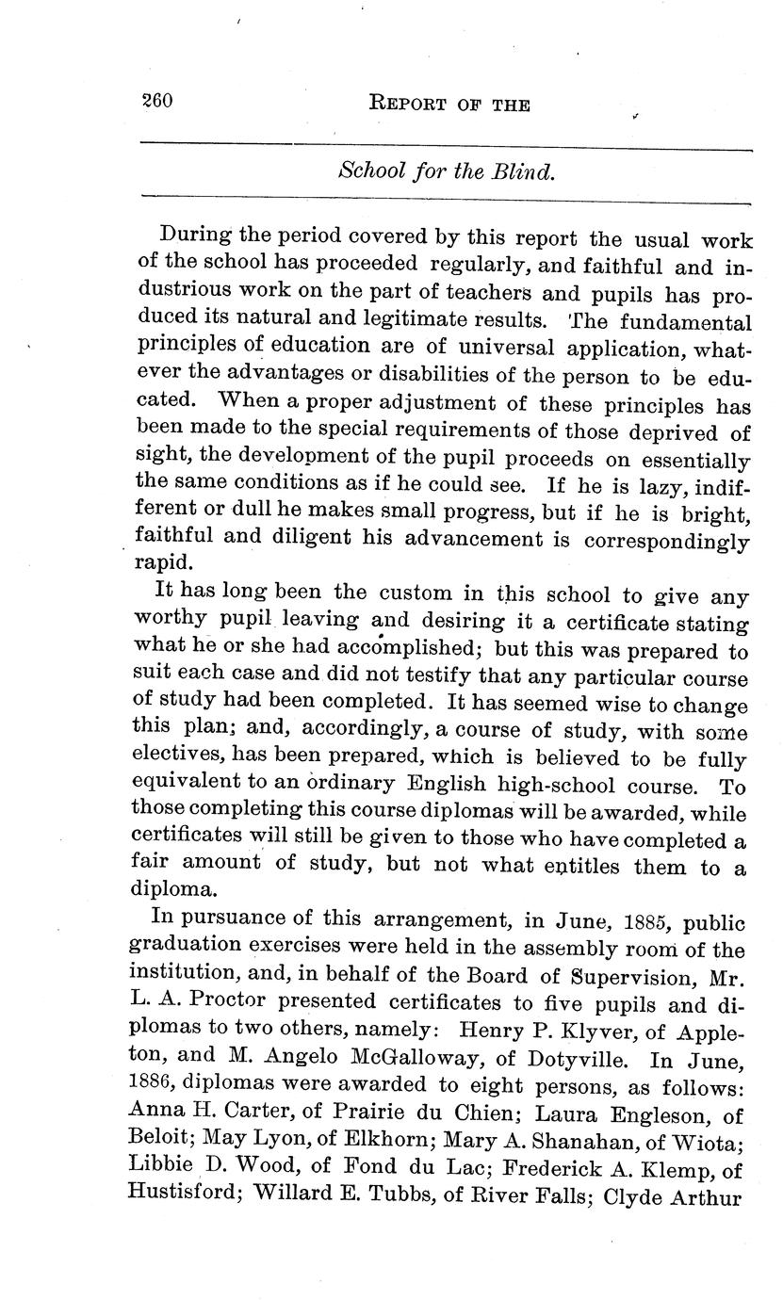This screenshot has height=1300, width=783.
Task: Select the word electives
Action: point(175,758)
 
